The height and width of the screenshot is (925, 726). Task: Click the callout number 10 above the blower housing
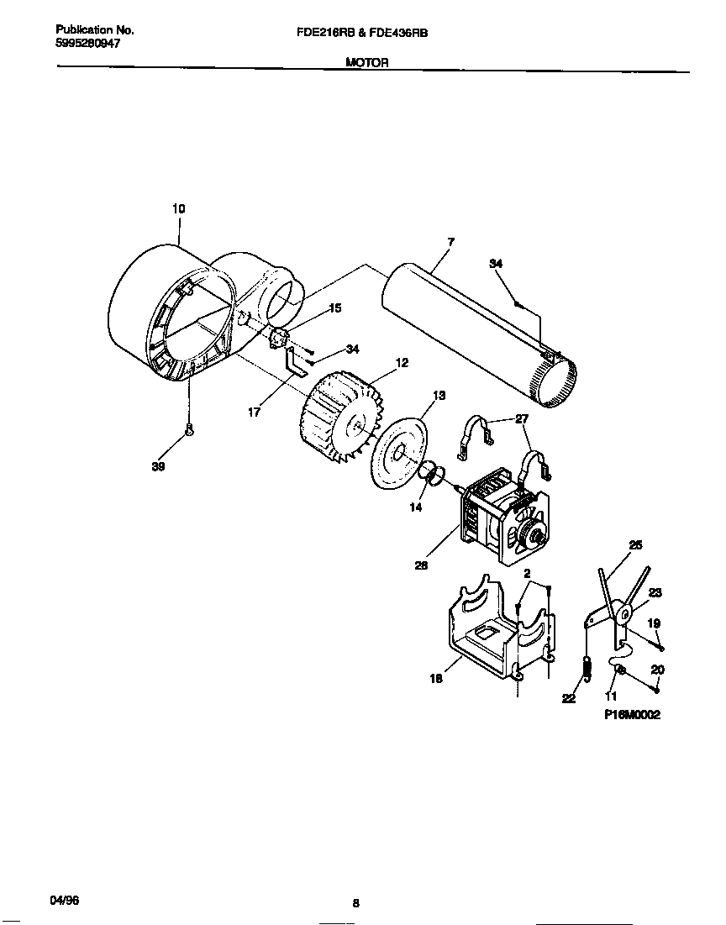click(x=179, y=208)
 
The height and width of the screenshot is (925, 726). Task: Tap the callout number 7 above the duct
click(x=450, y=242)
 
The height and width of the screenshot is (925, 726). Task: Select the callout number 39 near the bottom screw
click(x=158, y=467)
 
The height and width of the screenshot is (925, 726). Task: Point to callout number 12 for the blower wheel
click(x=402, y=362)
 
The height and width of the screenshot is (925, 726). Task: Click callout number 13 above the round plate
click(x=439, y=395)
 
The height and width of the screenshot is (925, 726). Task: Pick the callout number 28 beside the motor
click(x=421, y=565)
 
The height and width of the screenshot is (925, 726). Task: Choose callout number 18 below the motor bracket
click(x=435, y=679)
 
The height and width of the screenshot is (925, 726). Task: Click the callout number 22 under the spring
click(x=569, y=697)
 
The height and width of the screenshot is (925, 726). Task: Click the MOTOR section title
click(x=366, y=61)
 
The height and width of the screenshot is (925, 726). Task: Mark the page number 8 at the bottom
click(x=355, y=903)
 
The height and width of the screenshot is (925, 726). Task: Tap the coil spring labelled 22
click(x=587, y=669)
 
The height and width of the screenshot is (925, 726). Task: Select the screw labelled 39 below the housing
click(x=190, y=431)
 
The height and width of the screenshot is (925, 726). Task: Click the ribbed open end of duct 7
click(x=555, y=382)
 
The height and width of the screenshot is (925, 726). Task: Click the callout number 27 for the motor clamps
click(x=521, y=418)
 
